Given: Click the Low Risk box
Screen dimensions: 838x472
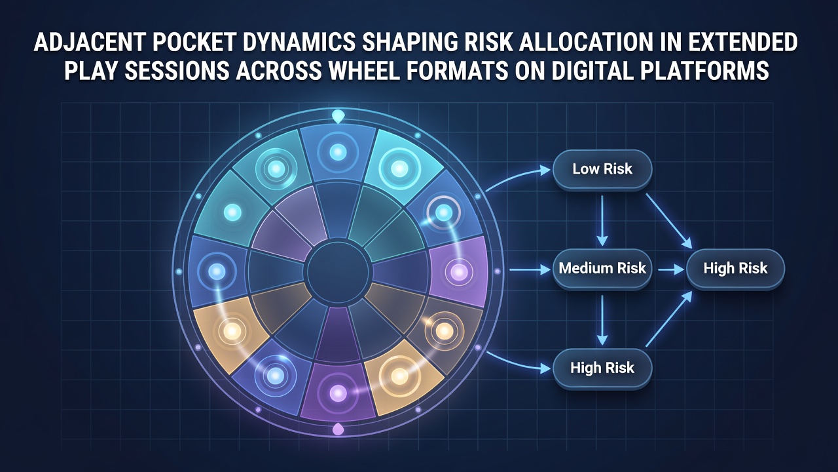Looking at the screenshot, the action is pyautogui.click(x=602, y=170).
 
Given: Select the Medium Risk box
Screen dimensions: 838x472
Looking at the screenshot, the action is pyautogui.click(x=602, y=268).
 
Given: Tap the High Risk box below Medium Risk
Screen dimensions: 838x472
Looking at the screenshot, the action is pyautogui.click(x=602, y=368).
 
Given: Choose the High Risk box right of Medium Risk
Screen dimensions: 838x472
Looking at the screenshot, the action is pyautogui.click(x=735, y=268).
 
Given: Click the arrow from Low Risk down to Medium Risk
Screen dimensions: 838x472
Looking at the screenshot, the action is pyautogui.click(x=602, y=220).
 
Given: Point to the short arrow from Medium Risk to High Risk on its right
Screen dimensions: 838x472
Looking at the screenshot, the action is pyautogui.click(x=672, y=269).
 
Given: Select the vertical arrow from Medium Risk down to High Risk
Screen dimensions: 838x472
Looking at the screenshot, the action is pyautogui.click(x=602, y=319).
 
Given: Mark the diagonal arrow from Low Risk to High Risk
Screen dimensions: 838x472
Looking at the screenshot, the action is pyautogui.click(x=669, y=221).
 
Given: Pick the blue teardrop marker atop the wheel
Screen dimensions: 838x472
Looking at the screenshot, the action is pyautogui.click(x=338, y=116).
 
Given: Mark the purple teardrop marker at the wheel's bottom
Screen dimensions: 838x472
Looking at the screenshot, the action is pyautogui.click(x=338, y=429).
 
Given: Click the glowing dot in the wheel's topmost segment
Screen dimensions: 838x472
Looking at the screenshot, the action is pyautogui.click(x=338, y=152).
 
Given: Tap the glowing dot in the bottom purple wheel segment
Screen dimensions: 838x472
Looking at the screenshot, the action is pyautogui.click(x=338, y=393).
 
